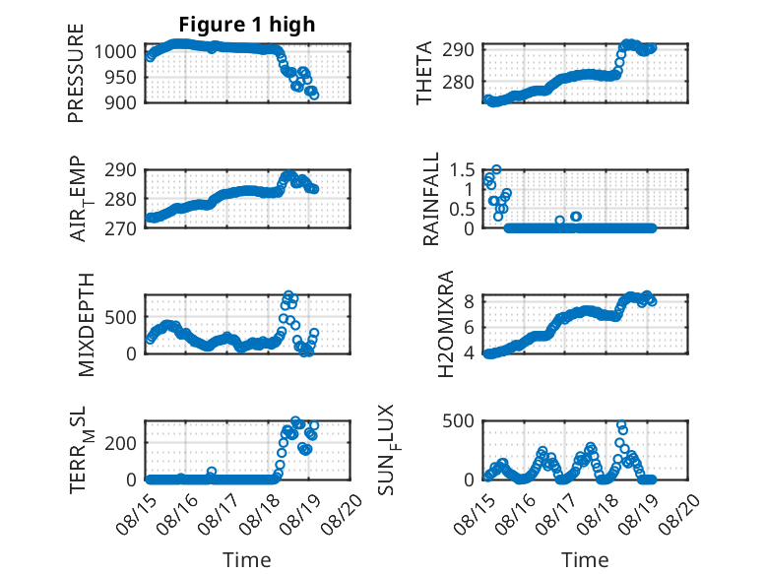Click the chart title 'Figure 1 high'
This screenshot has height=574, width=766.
click(247, 25)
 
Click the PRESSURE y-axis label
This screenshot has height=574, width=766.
click(76, 73)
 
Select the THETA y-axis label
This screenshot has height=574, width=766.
click(424, 73)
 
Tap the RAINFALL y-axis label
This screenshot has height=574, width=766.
click(431, 199)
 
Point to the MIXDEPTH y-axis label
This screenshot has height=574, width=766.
click(86, 325)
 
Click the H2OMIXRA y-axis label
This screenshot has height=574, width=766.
click(446, 324)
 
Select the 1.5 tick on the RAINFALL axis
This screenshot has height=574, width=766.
click(462, 170)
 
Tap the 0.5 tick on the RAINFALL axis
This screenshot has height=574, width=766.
click(462, 209)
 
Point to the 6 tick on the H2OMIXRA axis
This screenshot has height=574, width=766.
click(470, 327)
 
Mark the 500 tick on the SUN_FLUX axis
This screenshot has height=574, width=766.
click(458, 421)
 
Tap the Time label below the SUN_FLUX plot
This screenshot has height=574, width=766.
click(585, 559)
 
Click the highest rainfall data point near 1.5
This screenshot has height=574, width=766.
click(496, 169)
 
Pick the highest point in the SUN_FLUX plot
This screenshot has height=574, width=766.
click(621, 425)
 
